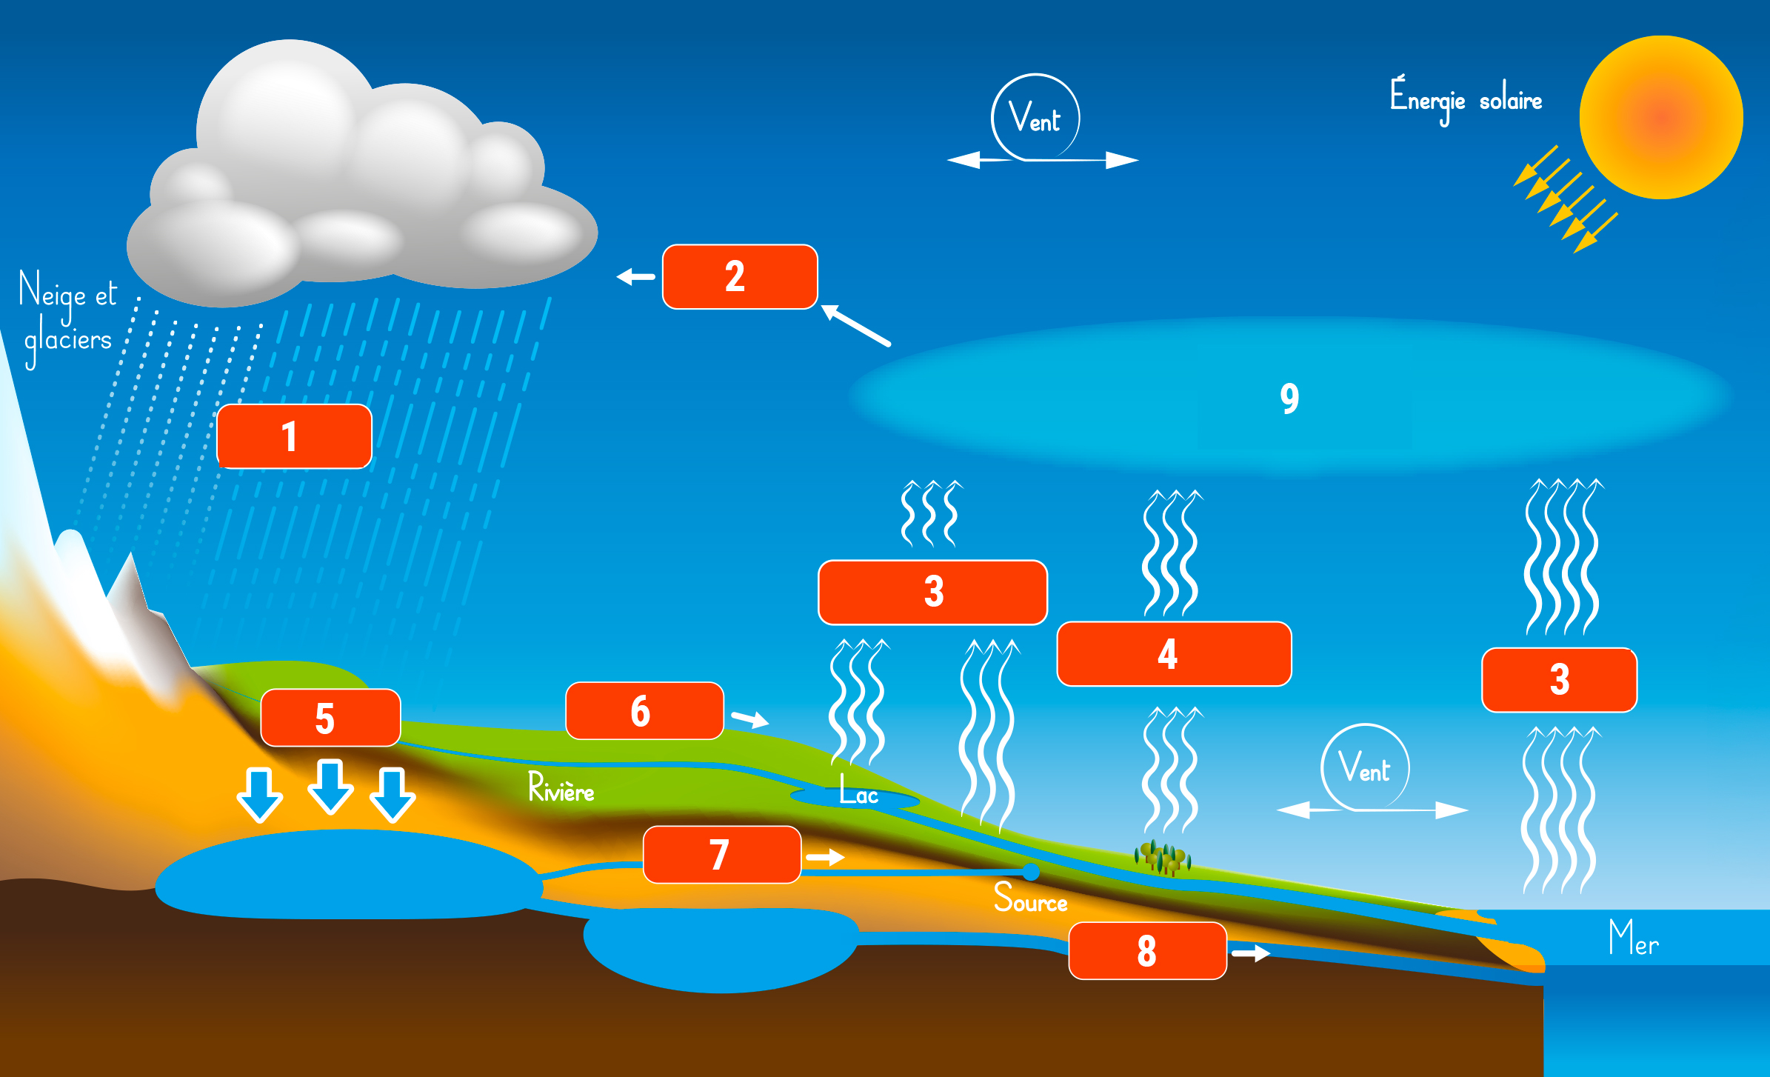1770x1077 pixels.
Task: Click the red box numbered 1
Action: coord(294,436)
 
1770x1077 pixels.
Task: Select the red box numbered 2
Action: coord(740,276)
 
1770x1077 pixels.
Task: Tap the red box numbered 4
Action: coord(1174,654)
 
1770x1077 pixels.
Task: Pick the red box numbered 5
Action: coord(330,718)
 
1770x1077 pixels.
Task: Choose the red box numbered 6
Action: coord(644,711)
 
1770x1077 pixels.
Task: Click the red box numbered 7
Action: coord(721,855)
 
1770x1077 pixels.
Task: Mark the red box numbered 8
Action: coord(1147,951)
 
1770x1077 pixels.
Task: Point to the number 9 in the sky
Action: coord(1289,399)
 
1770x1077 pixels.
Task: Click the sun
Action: coord(1661,117)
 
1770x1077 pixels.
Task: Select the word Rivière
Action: coord(561,787)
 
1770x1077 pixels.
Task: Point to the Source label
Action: coord(1030,898)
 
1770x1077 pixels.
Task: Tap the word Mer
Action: coord(1633,938)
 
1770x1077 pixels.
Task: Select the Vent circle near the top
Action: coord(1035,117)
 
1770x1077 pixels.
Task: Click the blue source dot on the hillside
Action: coord(1030,871)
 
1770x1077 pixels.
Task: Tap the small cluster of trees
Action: coord(1162,858)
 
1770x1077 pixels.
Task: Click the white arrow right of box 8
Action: coord(1251,953)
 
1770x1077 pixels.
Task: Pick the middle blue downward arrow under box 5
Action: coord(330,787)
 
